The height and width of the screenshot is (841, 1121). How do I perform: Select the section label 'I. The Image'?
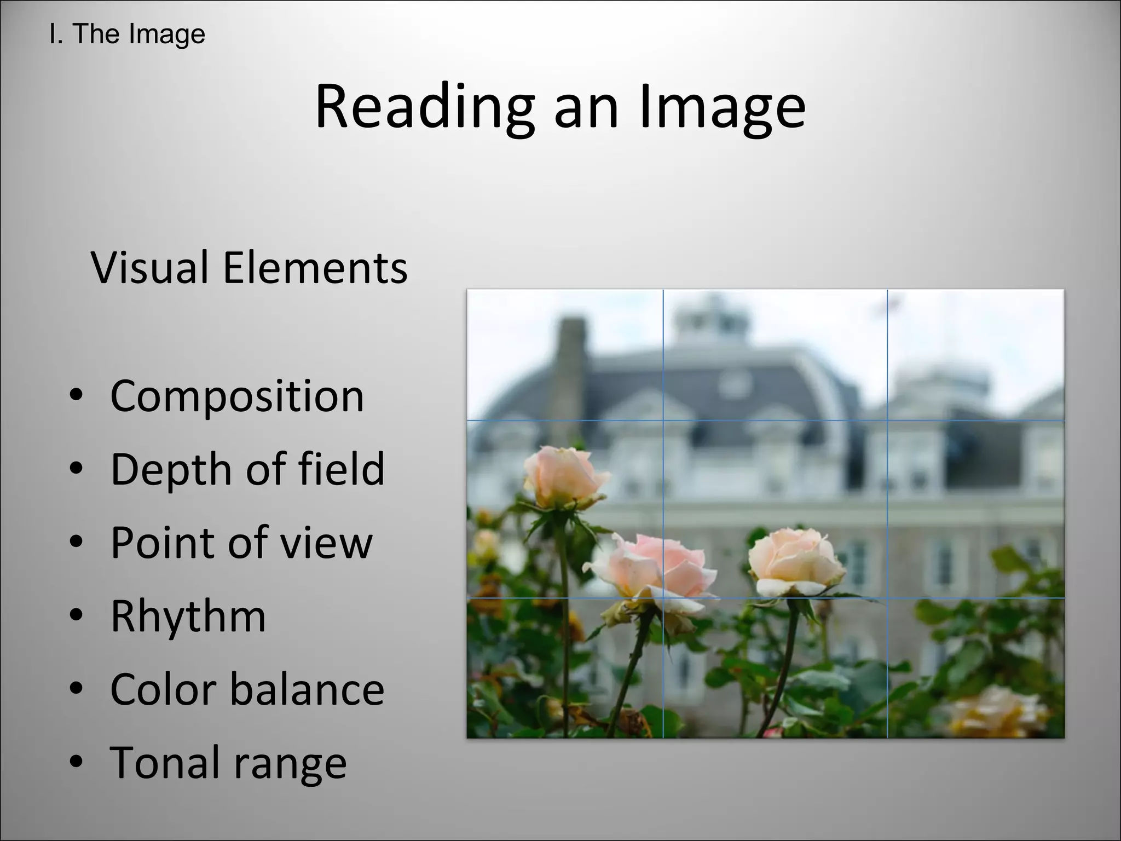click(x=127, y=34)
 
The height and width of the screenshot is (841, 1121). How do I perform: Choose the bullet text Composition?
click(x=237, y=395)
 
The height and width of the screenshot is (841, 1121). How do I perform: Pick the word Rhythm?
click(x=188, y=616)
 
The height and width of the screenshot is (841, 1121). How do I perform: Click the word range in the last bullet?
click(x=291, y=764)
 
